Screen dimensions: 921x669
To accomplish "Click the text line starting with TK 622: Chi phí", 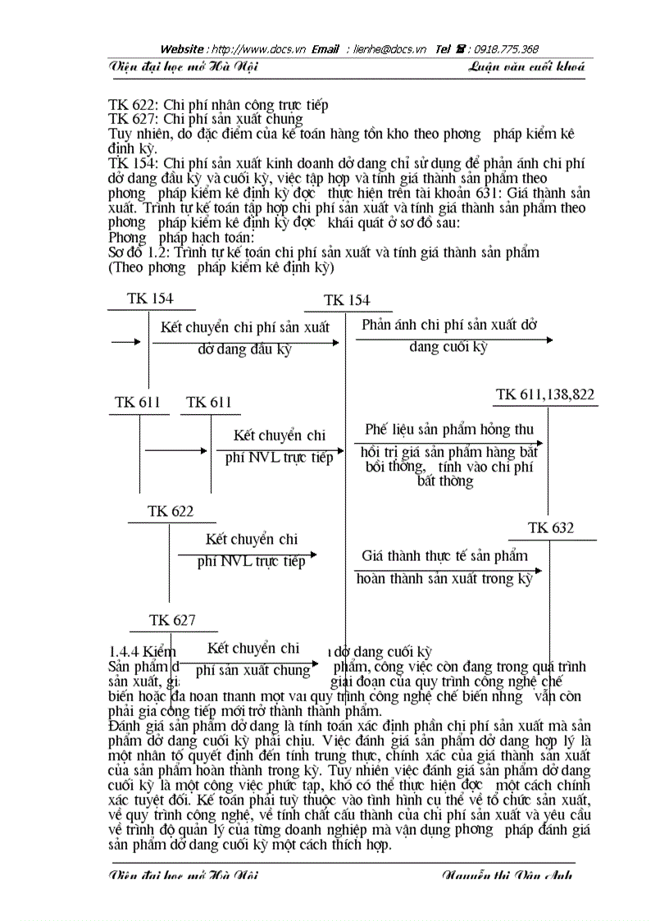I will [x=218, y=105].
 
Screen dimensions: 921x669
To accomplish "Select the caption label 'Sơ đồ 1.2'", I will [x=137, y=253].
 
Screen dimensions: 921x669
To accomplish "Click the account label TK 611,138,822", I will [x=545, y=395].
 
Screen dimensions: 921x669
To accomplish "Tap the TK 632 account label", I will [x=551, y=528].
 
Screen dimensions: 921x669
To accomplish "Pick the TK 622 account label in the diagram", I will [x=171, y=512].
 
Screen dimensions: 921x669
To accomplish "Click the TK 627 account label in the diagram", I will [x=172, y=621].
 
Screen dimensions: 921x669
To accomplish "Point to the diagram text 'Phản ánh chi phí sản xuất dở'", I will [x=449, y=325].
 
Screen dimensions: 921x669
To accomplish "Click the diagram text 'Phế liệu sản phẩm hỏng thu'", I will [x=449, y=429].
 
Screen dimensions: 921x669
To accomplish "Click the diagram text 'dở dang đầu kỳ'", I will [x=244, y=349].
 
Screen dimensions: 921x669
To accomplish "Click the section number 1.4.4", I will [x=124, y=652].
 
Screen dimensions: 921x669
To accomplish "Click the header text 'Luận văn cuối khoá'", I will [x=527, y=67].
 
